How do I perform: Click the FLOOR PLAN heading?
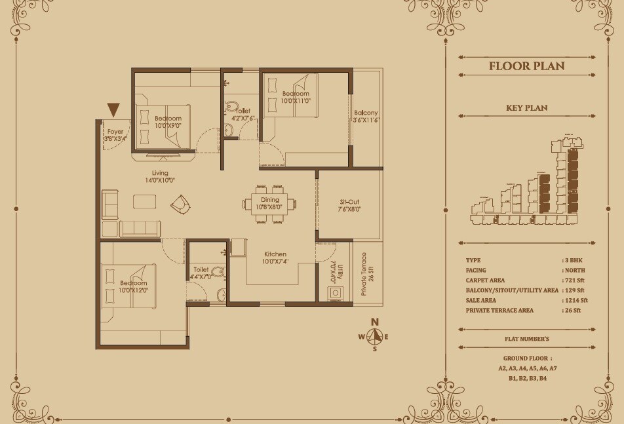pyautogui.click(x=526, y=66)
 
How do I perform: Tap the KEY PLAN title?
pyautogui.click(x=526, y=108)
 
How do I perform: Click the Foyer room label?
pyautogui.click(x=115, y=132)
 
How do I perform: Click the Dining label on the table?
pyautogui.click(x=269, y=200)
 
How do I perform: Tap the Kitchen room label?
pyautogui.click(x=275, y=254)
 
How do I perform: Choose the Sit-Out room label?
pyautogui.click(x=351, y=202)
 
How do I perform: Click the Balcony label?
pyautogui.click(x=366, y=112)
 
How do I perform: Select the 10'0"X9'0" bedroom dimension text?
pyautogui.click(x=168, y=125)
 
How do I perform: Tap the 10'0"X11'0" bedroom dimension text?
pyautogui.click(x=295, y=101)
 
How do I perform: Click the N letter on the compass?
pyautogui.click(x=374, y=322)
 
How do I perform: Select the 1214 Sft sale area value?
pyautogui.click(x=575, y=300)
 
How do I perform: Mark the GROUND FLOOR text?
pyautogui.click(x=526, y=359)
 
